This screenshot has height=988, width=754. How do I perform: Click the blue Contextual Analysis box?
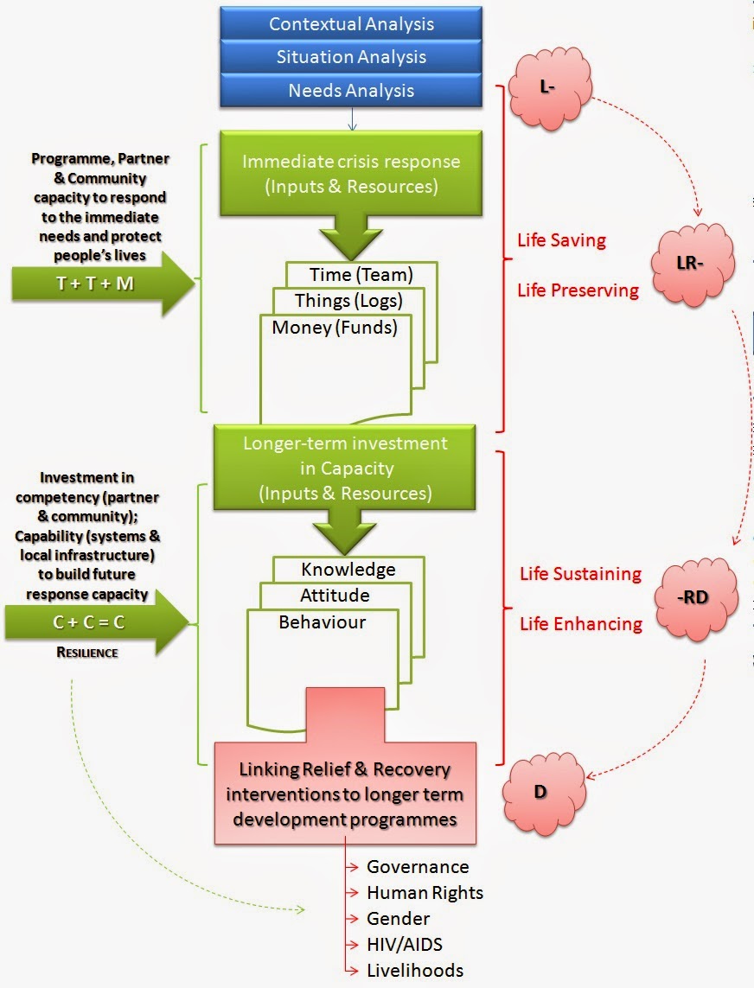tap(351, 24)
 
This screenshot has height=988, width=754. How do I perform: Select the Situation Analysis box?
tap(351, 58)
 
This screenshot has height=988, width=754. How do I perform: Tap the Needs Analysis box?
tap(351, 91)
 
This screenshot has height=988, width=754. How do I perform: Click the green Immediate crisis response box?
tap(351, 173)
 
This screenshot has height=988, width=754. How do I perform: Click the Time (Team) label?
tap(361, 275)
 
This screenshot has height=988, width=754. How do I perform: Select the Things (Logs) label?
tap(348, 301)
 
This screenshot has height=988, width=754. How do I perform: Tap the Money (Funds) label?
tap(334, 328)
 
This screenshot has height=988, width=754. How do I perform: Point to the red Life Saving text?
tap(561, 239)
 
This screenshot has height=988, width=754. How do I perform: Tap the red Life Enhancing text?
tap(580, 624)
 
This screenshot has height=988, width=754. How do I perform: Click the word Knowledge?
tap(348, 570)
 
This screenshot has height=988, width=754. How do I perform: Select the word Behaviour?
tap(322, 622)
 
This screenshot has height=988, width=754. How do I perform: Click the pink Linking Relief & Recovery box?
tap(345, 793)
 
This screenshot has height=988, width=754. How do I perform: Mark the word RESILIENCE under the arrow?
tap(86, 653)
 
